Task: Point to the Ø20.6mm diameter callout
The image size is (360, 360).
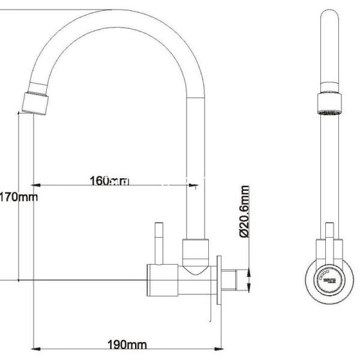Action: pyautogui.click(x=244, y=212)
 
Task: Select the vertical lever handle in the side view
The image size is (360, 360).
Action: pyautogui.click(x=160, y=243)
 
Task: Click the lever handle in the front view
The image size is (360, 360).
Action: pyautogui.click(x=329, y=240)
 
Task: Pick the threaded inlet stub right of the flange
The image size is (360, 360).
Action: pyautogui.click(x=236, y=280)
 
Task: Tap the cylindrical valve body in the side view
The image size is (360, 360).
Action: pyautogui.click(x=165, y=280)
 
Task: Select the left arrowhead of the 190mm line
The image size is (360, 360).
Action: pyautogui.click(x=34, y=349)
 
